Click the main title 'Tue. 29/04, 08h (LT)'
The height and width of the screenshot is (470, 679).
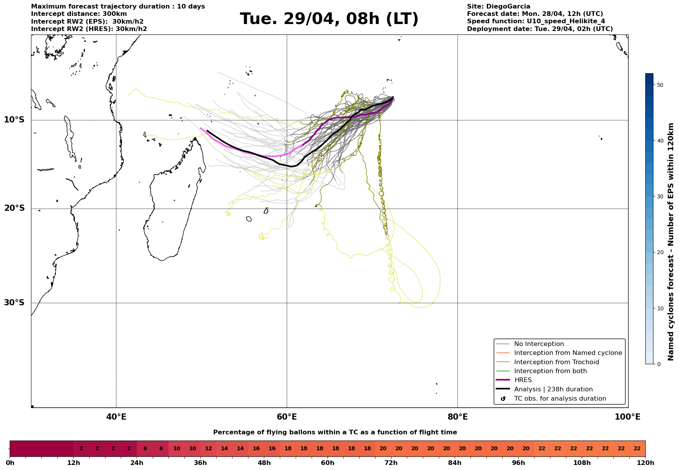tap(329, 19)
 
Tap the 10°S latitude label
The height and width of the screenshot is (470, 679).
tap(14, 120)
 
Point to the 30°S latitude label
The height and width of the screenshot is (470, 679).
tap(14, 303)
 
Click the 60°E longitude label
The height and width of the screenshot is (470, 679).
tap(287, 417)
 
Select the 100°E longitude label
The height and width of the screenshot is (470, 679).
tap(628, 417)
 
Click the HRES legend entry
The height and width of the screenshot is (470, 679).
tap(523, 380)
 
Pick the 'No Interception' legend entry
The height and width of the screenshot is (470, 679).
tap(539, 344)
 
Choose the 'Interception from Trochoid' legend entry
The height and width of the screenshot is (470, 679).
tap(556, 362)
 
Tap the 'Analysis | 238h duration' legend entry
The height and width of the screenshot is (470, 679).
tap(553, 389)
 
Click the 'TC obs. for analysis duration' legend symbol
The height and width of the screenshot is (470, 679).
tap(503, 399)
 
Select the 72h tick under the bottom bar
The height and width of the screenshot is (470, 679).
tap(391, 463)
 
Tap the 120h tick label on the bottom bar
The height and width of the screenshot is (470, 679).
tap(645, 463)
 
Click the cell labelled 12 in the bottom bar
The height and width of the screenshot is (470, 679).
tap(209, 449)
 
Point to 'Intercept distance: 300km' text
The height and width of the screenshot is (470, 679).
tap(79, 14)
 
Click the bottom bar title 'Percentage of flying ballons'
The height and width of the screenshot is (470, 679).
tap(335, 432)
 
